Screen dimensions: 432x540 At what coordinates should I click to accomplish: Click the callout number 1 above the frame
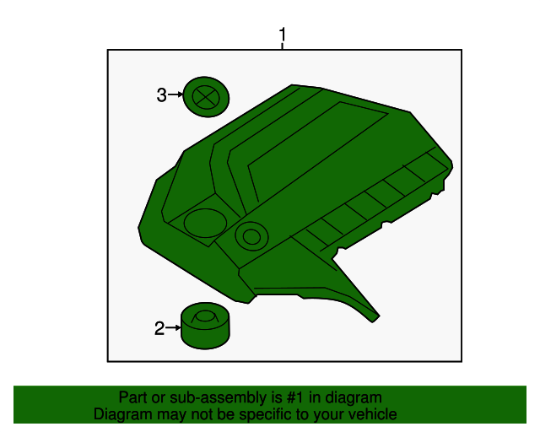pos(283,35)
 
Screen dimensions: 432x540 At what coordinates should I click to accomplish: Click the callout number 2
pos(159,328)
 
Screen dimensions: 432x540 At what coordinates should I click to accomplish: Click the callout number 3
pos(161,95)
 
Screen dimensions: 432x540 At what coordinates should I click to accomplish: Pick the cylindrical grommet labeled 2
pos(205,327)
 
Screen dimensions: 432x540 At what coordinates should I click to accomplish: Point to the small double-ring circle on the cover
pos(251,235)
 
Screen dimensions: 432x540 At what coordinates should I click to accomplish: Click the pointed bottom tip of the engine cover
pos(375,318)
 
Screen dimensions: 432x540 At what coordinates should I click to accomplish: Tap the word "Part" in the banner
pos(132,397)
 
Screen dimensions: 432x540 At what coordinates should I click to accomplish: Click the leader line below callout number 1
pos(283,46)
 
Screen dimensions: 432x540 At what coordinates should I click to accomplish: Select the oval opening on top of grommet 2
pos(204,318)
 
